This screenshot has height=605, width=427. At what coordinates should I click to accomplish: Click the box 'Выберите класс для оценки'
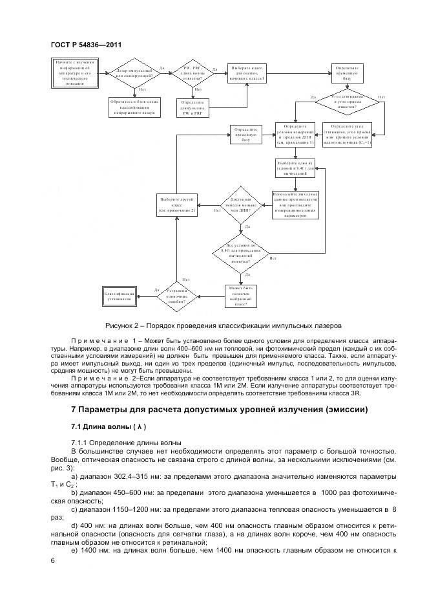[x=246, y=73]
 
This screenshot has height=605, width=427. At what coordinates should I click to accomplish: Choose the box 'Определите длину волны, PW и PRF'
[x=192, y=107]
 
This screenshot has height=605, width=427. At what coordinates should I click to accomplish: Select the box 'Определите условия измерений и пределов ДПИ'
[x=295, y=134]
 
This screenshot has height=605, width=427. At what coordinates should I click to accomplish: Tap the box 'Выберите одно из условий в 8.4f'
[x=295, y=168]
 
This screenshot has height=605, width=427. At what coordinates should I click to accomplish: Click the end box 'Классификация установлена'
[x=121, y=297]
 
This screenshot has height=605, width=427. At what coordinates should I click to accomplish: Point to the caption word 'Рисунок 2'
[x=123, y=325]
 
